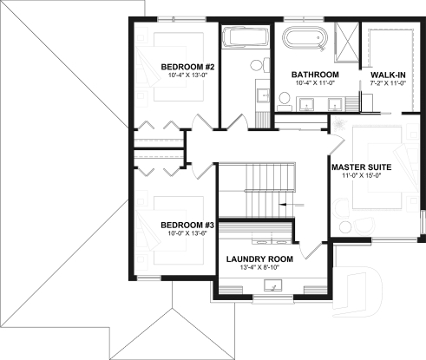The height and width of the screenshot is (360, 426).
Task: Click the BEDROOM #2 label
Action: (187, 67)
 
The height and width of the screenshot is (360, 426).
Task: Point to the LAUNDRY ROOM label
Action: (259, 259)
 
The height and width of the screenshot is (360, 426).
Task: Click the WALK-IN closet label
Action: (388, 75)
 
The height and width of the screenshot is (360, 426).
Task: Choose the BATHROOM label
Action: (314, 75)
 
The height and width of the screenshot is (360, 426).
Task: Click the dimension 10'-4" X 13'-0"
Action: (187, 76)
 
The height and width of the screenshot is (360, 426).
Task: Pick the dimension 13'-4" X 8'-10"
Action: (259, 268)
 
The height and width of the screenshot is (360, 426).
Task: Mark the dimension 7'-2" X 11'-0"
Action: (388, 85)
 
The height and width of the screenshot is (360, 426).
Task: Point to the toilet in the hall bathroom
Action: (259, 66)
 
